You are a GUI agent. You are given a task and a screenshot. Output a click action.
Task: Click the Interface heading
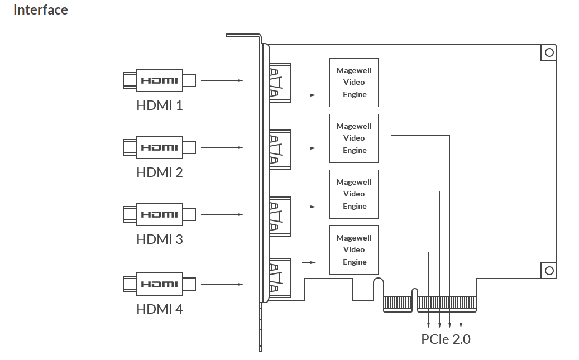(x=40, y=10)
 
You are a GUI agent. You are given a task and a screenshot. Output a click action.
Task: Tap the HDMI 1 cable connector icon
(x=159, y=80)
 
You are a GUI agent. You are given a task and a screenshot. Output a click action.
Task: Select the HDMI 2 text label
(x=159, y=172)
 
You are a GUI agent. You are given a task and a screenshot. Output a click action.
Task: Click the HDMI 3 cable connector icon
(x=159, y=214)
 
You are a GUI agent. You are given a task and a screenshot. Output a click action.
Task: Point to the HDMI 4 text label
(x=159, y=309)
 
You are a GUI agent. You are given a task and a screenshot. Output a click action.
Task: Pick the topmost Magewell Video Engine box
(x=354, y=83)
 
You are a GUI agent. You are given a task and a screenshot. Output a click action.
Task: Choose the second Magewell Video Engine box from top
(x=354, y=138)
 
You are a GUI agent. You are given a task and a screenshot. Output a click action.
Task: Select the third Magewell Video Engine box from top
(x=354, y=194)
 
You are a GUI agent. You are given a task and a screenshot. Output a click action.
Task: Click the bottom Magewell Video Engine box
(x=354, y=250)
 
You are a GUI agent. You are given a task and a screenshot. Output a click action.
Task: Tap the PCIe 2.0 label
(x=446, y=339)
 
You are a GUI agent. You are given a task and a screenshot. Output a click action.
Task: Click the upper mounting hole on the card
(x=549, y=52)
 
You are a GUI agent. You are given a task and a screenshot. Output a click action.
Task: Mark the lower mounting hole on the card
(x=549, y=271)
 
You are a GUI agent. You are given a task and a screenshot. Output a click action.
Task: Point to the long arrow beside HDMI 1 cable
(x=222, y=81)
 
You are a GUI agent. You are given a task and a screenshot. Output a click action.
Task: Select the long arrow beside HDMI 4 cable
(x=222, y=285)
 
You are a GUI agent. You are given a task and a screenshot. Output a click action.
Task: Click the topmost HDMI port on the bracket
(x=280, y=82)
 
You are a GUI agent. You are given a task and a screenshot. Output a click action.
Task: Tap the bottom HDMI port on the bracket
(x=280, y=276)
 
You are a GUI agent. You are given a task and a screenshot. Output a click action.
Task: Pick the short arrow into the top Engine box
(x=308, y=95)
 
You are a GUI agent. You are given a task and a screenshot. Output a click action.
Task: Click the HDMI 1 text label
(x=159, y=105)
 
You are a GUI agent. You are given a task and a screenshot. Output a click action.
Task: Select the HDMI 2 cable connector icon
(x=159, y=147)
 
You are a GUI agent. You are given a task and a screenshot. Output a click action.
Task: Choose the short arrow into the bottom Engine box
(x=308, y=262)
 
